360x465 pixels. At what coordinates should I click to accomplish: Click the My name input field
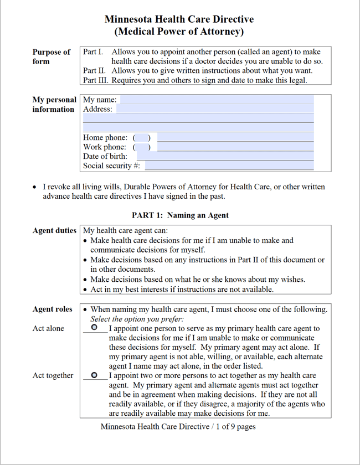217,100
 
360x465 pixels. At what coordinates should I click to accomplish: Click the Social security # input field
229,166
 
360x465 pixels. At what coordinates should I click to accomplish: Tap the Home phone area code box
142,137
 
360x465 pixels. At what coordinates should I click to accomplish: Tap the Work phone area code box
142,147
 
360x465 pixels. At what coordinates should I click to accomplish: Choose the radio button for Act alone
94,328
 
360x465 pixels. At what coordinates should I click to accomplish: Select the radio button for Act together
94,375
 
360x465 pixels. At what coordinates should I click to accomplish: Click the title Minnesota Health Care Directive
179,19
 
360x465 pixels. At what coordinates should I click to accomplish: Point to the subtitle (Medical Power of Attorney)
179,32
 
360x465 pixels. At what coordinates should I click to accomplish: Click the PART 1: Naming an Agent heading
180,215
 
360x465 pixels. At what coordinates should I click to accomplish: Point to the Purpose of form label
51,56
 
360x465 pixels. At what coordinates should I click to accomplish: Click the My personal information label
54,104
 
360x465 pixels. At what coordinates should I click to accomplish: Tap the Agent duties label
54,231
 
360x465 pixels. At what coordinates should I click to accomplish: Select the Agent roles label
52,309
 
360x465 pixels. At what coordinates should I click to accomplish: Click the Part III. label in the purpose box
95,80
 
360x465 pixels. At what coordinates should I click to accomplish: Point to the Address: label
97,109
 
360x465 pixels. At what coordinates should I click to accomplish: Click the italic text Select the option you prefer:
137,319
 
